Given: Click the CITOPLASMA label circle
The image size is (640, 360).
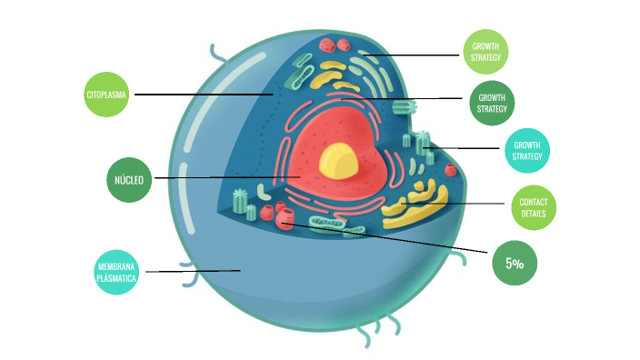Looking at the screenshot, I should [105, 94].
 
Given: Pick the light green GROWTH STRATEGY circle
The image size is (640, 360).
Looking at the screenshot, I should [485, 52].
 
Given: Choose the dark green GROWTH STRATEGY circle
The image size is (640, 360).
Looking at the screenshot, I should [492, 103].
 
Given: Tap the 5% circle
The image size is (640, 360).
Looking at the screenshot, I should [514, 264].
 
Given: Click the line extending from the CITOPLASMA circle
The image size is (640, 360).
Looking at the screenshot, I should [200, 94].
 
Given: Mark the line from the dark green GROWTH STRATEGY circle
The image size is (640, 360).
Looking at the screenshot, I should [427, 98].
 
